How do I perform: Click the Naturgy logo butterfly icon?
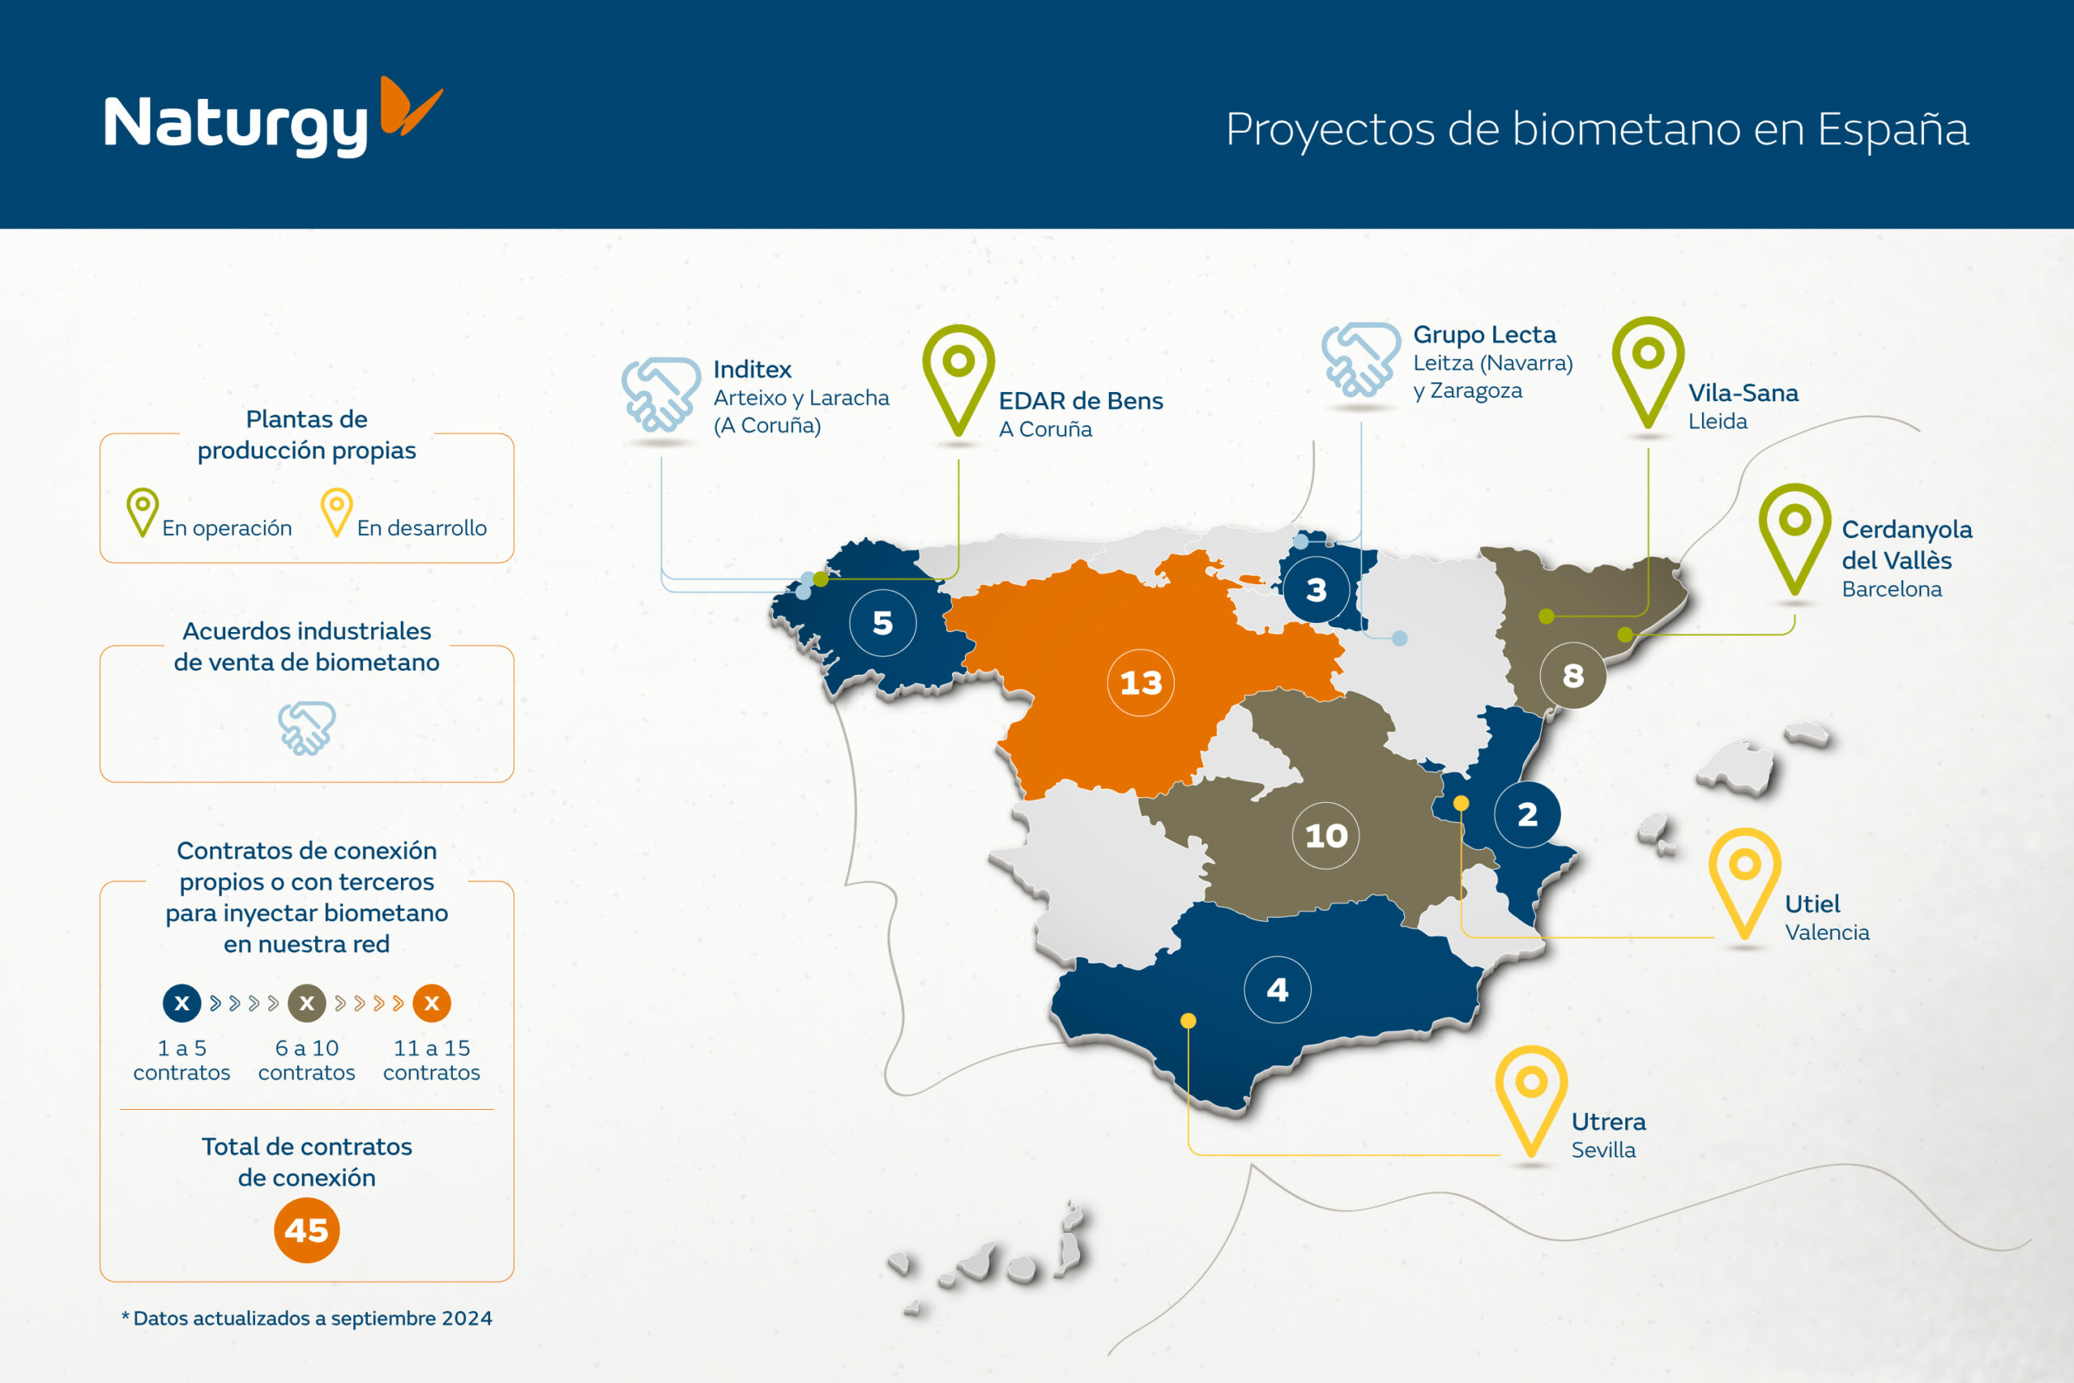(410, 106)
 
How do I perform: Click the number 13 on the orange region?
(1141, 683)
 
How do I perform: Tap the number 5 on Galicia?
(883, 623)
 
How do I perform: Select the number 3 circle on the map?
(1317, 589)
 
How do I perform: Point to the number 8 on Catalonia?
(1573, 676)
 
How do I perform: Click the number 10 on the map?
(1326, 835)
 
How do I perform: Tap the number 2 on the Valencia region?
(1527, 814)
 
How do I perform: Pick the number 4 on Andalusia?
(1278, 989)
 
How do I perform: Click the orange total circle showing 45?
(307, 1231)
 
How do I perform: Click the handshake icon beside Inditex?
(661, 395)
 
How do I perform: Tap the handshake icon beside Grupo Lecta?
(1360, 359)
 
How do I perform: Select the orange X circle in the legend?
(432, 1003)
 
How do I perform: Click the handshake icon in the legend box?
(307, 728)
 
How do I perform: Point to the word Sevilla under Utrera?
(1603, 1150)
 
